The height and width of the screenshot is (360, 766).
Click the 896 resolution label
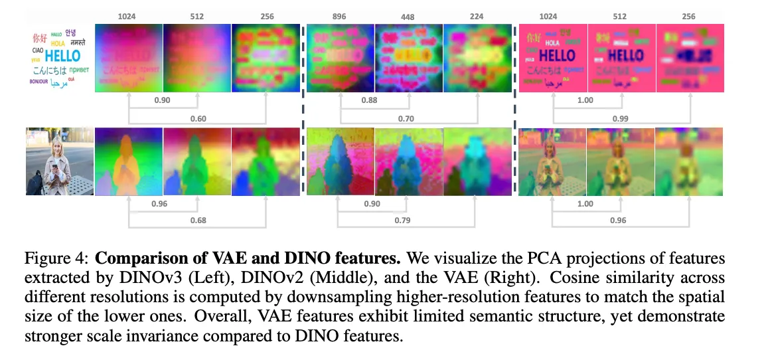tap(341, 17)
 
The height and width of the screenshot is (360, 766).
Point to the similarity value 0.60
tap(198, 119)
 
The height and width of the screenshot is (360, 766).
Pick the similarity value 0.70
tap(406, 119)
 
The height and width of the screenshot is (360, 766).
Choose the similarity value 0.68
tap(197, 220)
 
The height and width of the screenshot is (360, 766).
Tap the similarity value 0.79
tap(406, 220)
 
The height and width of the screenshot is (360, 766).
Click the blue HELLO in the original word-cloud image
tap(62, 56)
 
